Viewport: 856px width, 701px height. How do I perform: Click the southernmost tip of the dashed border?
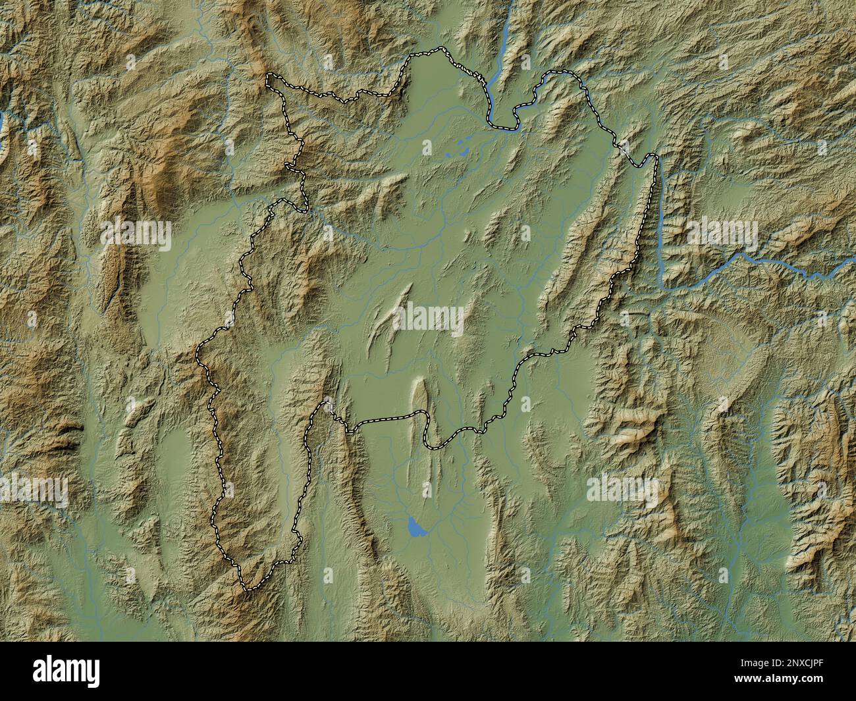247,590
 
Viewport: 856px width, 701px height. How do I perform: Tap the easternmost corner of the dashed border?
655,157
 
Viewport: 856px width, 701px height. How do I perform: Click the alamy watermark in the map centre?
429,318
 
